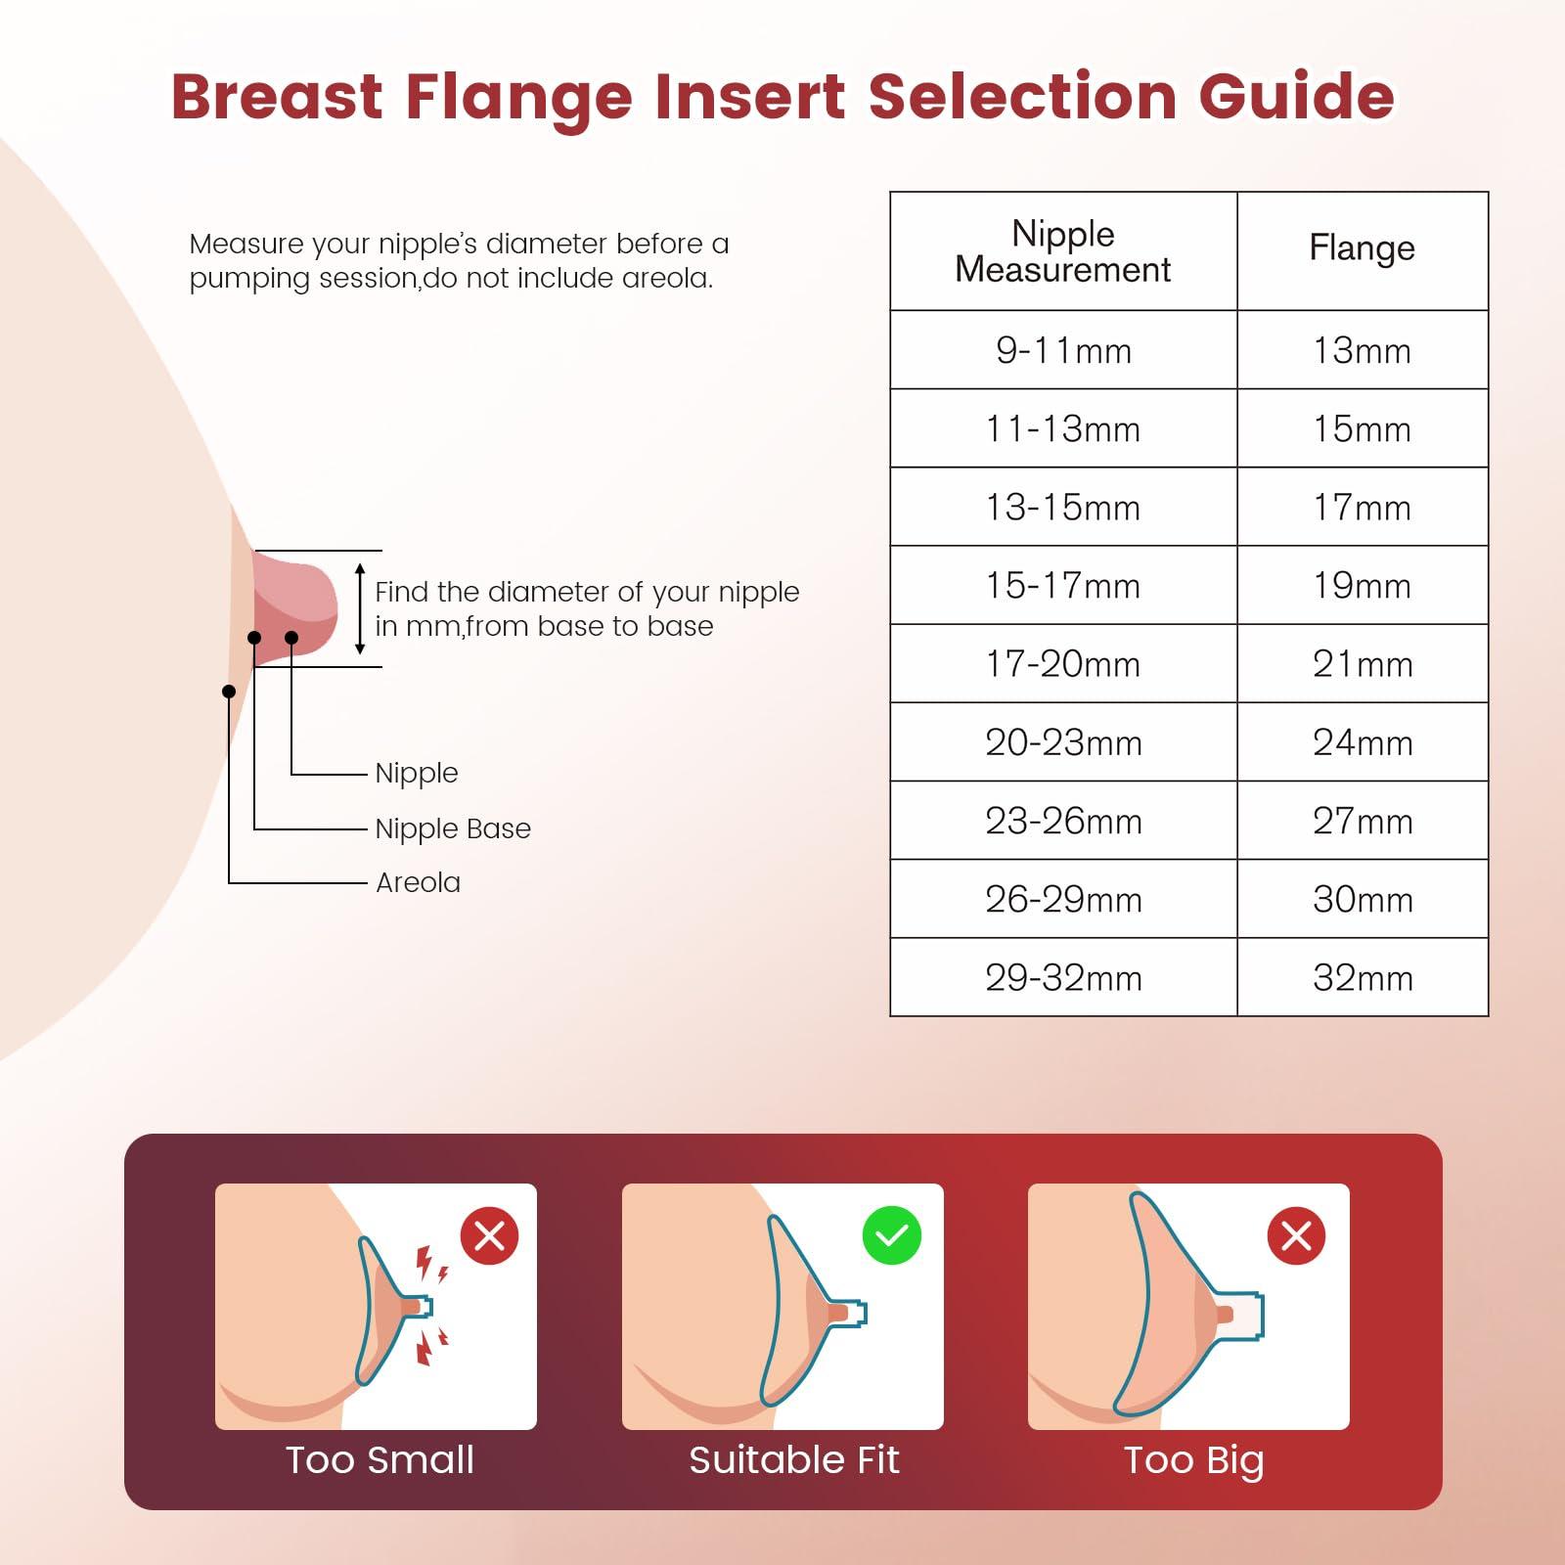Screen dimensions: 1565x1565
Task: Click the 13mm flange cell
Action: click(1362, 350)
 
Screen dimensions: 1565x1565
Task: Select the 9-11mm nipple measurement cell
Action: click(1063, 350)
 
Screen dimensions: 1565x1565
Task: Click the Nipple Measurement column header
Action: click(1063, 251)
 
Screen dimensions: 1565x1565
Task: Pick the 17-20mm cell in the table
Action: click(1063, 664)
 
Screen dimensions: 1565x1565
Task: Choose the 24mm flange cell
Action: click(1362, 742)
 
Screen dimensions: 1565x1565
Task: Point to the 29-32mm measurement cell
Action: click(1063, 978)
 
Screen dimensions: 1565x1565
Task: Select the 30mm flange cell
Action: click(1362, 900)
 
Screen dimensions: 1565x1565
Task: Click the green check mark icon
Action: click(891, 1235)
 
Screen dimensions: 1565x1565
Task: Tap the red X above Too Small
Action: click(489, 1235)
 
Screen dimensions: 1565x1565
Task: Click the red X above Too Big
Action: click(1296, 1235)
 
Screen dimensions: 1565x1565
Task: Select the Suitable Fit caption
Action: click(793, 1460)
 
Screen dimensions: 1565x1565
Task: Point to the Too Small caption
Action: click(380, 1460)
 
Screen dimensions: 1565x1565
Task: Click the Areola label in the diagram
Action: click(418, 882)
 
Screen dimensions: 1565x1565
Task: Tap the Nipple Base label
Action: click(453, 828)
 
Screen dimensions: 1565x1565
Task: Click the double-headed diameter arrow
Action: click(360, 608)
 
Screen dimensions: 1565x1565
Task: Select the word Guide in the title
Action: click(1296, 97)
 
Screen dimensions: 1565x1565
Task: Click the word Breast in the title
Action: click(278, 97)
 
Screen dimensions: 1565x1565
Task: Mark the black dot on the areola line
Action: click(229, 692)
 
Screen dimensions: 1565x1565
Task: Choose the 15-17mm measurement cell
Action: click(1063, 586)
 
